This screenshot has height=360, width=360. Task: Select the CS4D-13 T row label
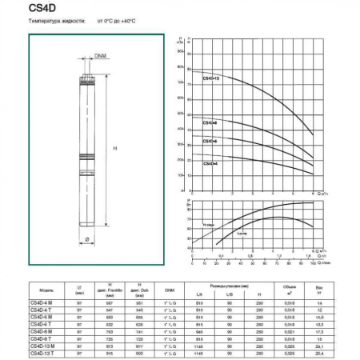(x=41, y=353)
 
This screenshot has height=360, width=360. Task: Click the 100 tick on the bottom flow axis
(x=312, y=261)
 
